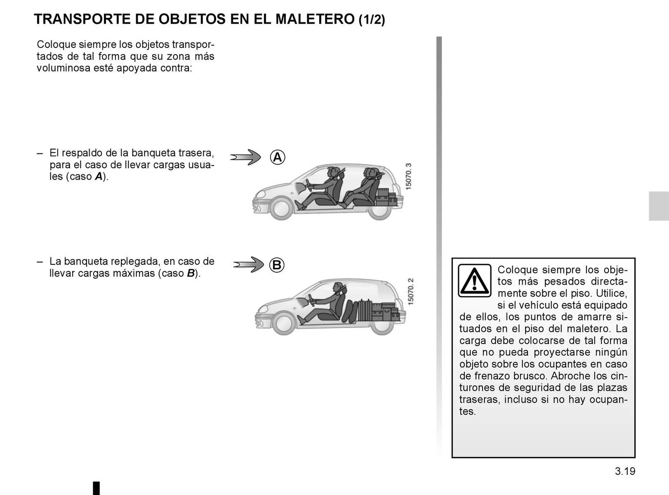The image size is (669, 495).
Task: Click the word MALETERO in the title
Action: tap(315, 19)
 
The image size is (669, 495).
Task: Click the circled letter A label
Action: tap(277, 157)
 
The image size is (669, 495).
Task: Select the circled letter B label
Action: tap(277, 265)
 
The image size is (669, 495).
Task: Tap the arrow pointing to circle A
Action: tap(246, 157)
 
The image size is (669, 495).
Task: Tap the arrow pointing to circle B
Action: tap(248, 265)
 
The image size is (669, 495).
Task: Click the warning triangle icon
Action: tap(474, 280)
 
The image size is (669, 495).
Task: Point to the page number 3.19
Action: tap(625, 471)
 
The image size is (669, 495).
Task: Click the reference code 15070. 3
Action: tap(409, 177)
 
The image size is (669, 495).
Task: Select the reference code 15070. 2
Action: tap(410, 292)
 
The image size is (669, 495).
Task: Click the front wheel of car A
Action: tap(280, 208)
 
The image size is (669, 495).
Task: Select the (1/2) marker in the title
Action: tap(372, 20)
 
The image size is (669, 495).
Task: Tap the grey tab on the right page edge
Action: tap(658, 206)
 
